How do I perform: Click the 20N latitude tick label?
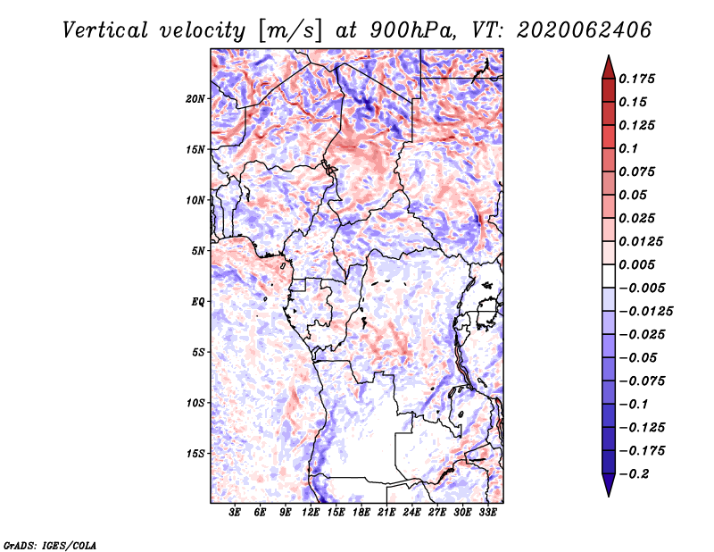pyautogui.click(x=195, y=99)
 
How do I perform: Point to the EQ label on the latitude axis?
pyautogui.click(x=198, y=302)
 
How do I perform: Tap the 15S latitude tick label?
pyautogui.click(x=195, y=454)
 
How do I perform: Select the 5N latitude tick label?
pyautogui.click(x=198, y=251)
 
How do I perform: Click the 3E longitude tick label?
pyautogui.click(x=235, y=513)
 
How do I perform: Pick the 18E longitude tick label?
pyautogui.click(x=361, y=513)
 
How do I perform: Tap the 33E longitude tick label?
pyautogui.click(x=487, y=513)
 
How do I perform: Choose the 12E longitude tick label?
pyautogui.click(x=310, y=513)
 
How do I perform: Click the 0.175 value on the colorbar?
pyautogui.click(x=636, y=79)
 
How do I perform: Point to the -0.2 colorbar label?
pyautogui.click(x=634, y=474)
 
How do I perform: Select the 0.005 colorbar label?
pyautogui.click(x=636, y=264)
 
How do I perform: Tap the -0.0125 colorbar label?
pyautogui.click(x=645, y=312)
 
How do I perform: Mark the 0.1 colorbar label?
pyautogui.click(x=628, y=148)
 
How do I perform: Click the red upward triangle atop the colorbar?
pyautogui.click(x=609, y=68)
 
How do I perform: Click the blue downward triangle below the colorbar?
pyautogui.click(x=609, y=485)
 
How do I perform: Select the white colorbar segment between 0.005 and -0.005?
pyautogui.click(x=609, y=276)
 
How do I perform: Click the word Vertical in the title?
pyautogui.click(x=105, y=30)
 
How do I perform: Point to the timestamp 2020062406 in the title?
pyautogui.click(x=585, y=30)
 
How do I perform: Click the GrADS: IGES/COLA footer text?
pyautogui.click(x=50, y=545)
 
